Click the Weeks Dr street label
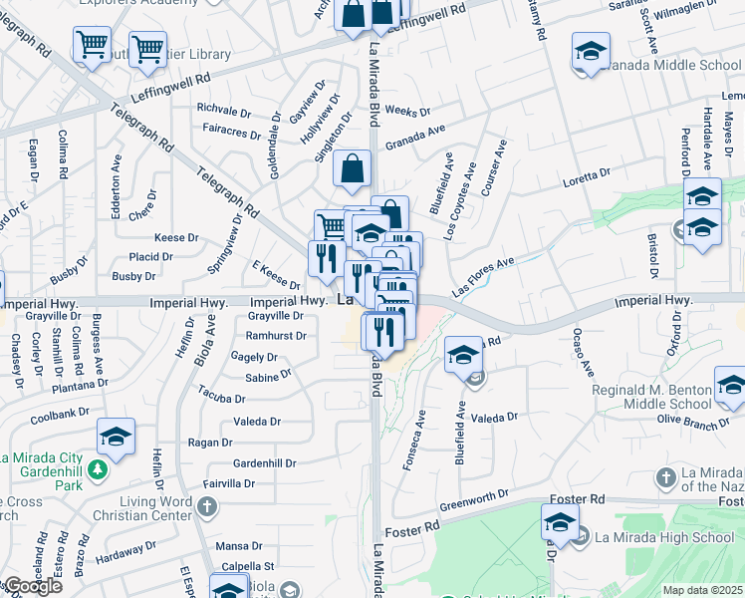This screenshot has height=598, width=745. point(406,112)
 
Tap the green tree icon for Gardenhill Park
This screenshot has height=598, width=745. point(98,467)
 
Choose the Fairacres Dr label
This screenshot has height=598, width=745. point(229,129)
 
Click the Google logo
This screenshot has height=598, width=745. point(32,586)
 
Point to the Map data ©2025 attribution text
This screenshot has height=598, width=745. point(702,590)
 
